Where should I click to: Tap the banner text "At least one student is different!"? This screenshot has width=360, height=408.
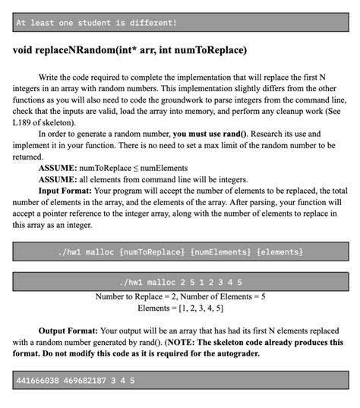[x=96, y=24]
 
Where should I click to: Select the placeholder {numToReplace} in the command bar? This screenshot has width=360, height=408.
[x=149, y=251]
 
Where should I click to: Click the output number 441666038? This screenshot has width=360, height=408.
[x=40, y=379]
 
